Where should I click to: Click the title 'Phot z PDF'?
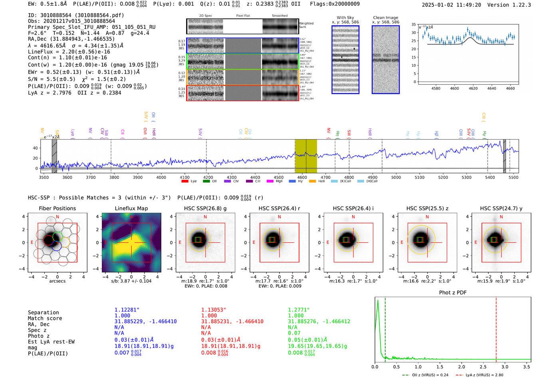[453, 293]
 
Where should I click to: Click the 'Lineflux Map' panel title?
[131, 208]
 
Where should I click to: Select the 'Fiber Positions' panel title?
[57, 208]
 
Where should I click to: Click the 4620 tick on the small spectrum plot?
[473, 88]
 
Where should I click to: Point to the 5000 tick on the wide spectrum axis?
[396, 178]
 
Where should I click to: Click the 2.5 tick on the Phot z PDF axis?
[483, 367]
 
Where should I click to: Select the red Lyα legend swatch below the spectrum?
[184, 182]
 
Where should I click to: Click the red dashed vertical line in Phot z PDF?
[496, 328]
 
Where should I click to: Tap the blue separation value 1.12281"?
[127, 310]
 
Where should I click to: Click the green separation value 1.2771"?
[299, 310]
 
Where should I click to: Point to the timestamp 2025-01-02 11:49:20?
[451, 5]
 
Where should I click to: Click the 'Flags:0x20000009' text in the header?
[335, 4]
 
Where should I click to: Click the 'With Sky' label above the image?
[345, 18]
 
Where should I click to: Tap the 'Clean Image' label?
[385, 18]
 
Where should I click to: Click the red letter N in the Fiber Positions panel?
[57, 217]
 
